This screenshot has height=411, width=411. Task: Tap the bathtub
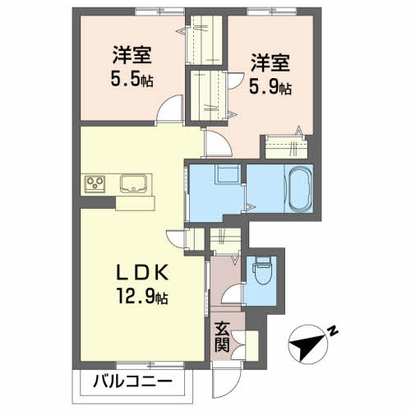pos(299,188)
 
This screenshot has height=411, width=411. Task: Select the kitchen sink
pos(133,183)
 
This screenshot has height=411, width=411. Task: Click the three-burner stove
pos(95,184)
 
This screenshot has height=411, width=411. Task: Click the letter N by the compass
pos(333,331)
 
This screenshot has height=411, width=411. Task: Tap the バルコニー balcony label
pos(132,381)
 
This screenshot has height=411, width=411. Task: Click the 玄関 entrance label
pos(222,338)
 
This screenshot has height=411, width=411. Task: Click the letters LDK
pos(142,273)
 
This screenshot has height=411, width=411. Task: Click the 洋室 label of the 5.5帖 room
pos(132,55)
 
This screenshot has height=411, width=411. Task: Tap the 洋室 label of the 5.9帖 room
pos(270,63)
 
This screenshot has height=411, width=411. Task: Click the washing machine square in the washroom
pos(227,173)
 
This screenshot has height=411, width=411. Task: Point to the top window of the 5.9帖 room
pos(272,12)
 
